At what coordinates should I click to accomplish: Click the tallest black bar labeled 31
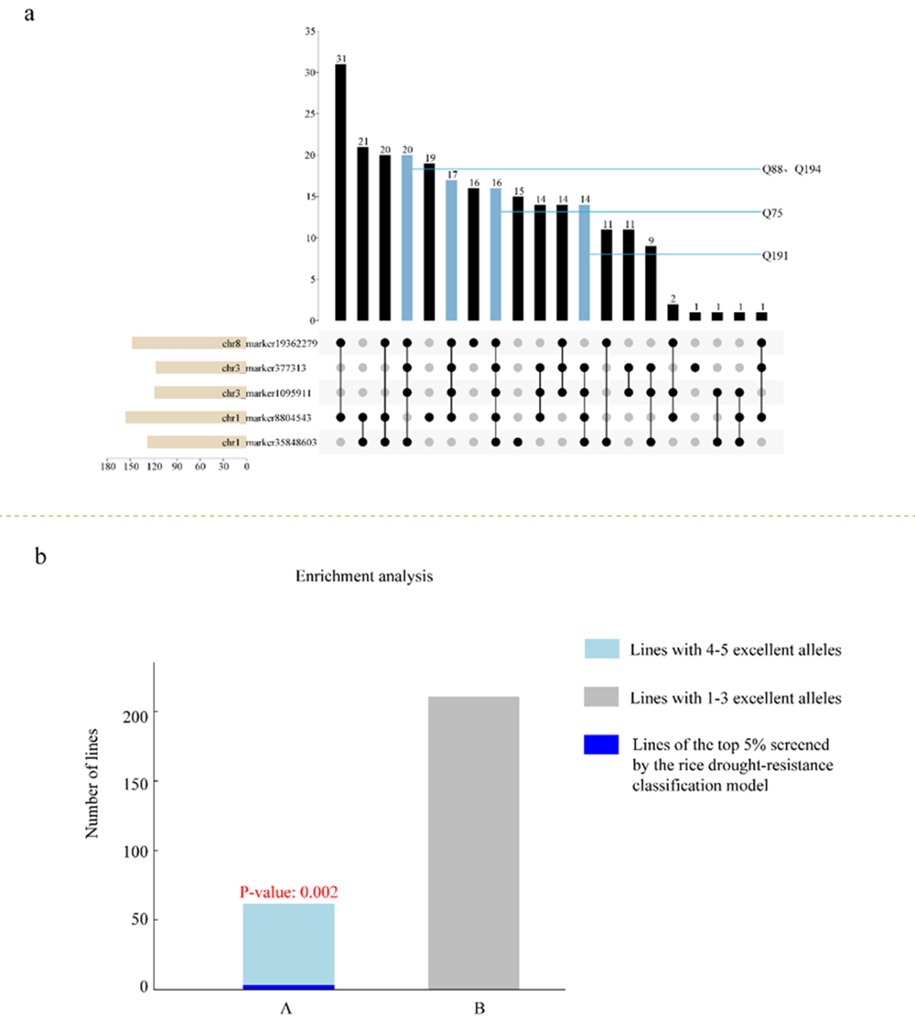[x=340, y=192]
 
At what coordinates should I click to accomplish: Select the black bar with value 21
[x=363, y=233]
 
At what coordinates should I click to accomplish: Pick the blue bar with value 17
[x=451, y=250]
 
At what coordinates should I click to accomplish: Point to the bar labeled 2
[x=673, y=312]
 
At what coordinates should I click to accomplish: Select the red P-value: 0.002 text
[x=287, y=891]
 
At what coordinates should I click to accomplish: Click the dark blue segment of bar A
[x=288, y=986]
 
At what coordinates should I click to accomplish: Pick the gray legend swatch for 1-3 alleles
[x=601, y=698]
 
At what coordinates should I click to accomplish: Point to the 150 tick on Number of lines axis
[x=132, y=781]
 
